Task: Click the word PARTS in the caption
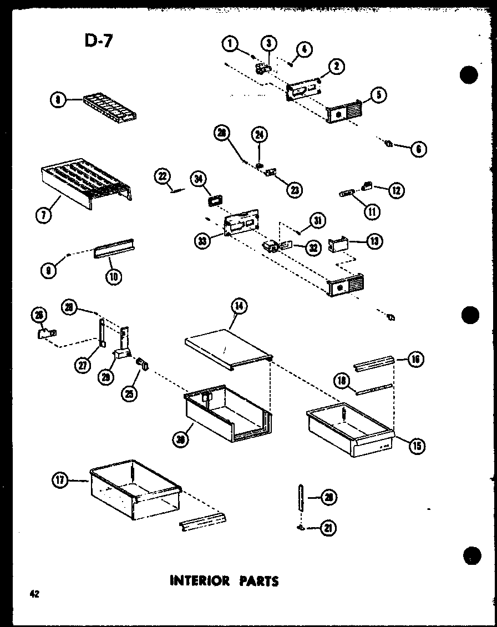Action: pyautogui.click(x=259, y=581)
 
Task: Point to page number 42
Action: pyautogui.click(x=34, y=594)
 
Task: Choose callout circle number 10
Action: pyautogui.click(x=115, y=275)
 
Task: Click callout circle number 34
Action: pyautogui.click(x=198, y=178)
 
